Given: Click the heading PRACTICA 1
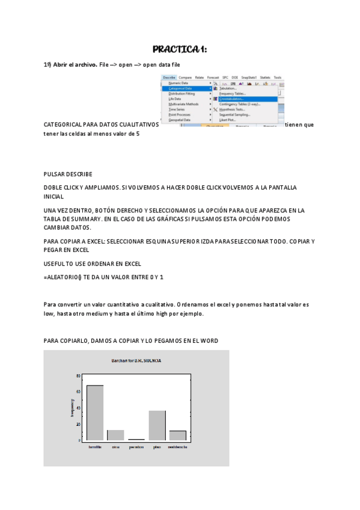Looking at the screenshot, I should (180, 49).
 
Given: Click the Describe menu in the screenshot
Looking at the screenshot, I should (169, 78).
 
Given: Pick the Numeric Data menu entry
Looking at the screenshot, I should (178, 83).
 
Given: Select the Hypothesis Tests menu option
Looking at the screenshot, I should (232, 109).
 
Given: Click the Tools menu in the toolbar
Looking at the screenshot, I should (277, 78).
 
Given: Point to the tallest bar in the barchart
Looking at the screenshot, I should (95, 412).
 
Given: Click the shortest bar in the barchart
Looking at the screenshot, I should (136, 439).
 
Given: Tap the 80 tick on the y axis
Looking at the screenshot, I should (78, 376).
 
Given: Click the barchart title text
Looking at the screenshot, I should (136, 360).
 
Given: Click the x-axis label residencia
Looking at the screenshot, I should (177, 447).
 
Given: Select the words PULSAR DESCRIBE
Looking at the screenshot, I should (67, 174).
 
